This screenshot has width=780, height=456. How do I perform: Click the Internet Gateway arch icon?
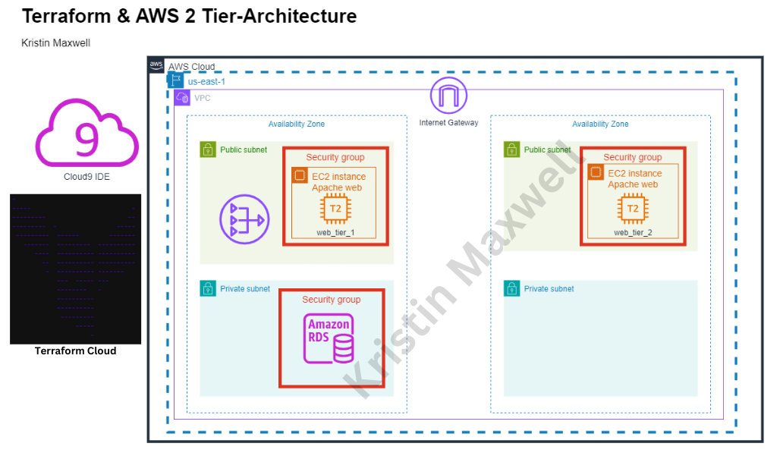click(448, 96)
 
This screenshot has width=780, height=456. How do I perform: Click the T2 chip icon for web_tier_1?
click(335, 209)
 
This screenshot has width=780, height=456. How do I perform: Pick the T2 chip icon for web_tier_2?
click(632, 209)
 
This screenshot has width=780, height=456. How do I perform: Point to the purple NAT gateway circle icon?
click(244, 219)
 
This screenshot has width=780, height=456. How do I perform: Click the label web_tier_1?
click(335, 231)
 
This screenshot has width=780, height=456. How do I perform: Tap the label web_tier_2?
click(632, 232)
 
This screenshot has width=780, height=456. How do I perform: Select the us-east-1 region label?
click(206, 81)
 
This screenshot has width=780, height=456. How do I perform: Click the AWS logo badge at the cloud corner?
click(156, 65)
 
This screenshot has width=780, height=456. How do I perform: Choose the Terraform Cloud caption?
click(75, 351)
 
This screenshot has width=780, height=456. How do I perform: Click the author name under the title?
click(55, 43)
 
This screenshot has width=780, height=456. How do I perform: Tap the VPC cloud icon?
click(182, 98)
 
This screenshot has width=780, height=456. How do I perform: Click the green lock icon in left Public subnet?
click(208, 149)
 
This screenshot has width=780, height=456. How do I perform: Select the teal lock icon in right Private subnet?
click(512, 288)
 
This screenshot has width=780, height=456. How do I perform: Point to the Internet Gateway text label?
click(448, 123)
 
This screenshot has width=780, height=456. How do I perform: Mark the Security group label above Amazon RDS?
click(331, 300)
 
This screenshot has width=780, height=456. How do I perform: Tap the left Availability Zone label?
click(296, 124)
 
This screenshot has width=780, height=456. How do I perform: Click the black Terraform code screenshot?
click(75, 269)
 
